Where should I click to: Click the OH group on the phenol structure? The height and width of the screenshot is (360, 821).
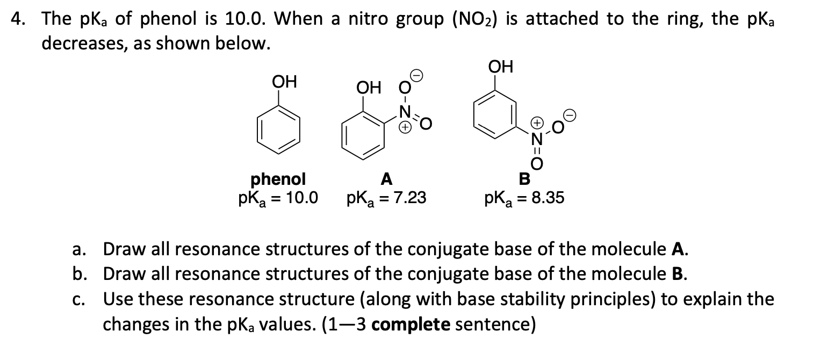point(284,83)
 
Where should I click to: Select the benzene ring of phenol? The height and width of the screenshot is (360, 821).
point(279,129)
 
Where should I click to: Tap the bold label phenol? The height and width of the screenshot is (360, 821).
point(278,178)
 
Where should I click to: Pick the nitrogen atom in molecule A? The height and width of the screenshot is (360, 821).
point(406,113)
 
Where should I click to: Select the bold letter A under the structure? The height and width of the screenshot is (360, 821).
point(385,178)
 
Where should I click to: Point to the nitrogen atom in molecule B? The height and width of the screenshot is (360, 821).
point(536,139)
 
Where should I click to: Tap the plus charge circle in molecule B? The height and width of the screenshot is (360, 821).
point(536,123)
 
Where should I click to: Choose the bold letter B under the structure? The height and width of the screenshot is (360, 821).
point(524,178)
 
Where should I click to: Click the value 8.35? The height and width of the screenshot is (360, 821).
point(547,198)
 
